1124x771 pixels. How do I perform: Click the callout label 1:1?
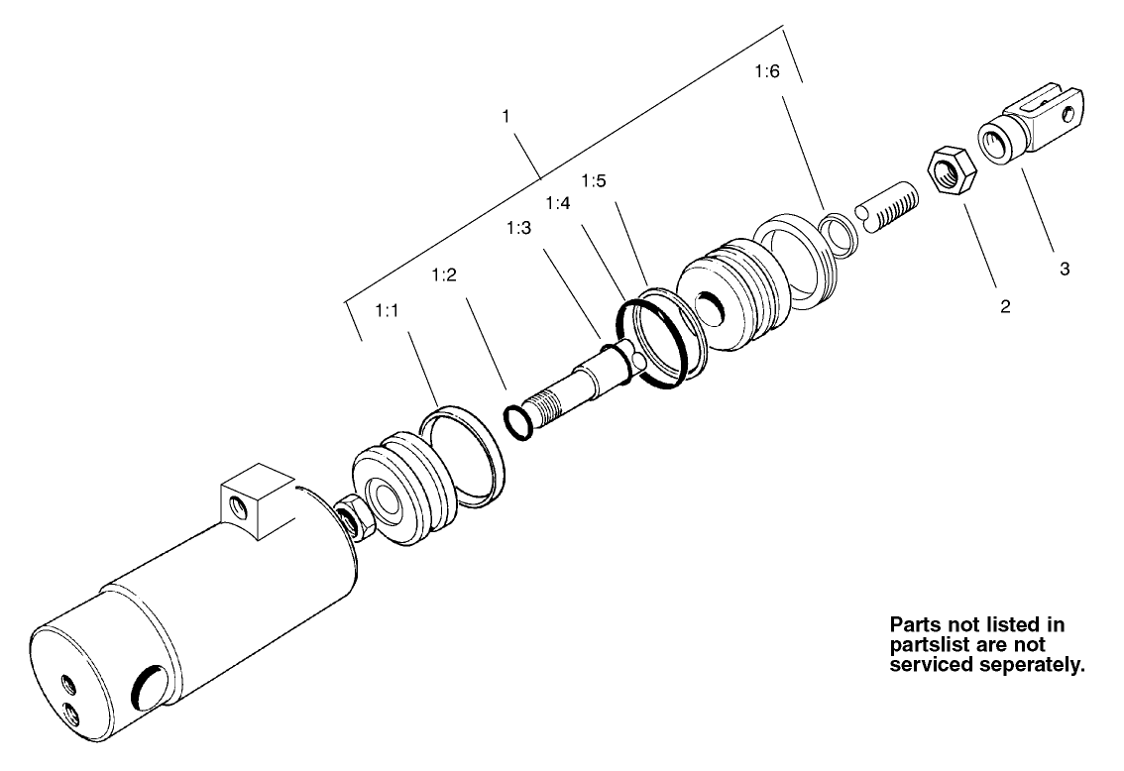(387, 311)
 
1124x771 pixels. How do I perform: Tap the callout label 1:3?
(518, 228)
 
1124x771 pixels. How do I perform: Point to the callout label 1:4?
(559, 203)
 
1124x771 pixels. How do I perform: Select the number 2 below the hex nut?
(1004, 307)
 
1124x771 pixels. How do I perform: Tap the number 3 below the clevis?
(1065, 269)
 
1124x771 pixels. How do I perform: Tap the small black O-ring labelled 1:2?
(518, 420)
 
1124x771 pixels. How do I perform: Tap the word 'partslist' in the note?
(931, 645)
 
